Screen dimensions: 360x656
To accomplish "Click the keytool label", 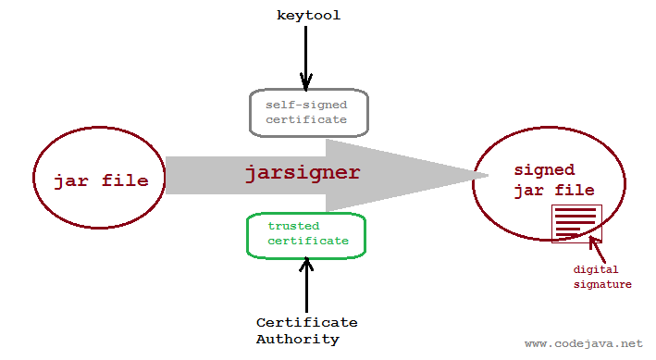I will pyautogui.click(x=309, y=15).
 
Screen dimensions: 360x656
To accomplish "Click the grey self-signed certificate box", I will pyautogui.click(x=309, y=112).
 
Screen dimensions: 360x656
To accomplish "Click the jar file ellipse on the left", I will pyautogui.click(x=100, y=180).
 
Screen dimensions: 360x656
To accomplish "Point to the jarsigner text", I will pyautogui.click(x=302, y=173).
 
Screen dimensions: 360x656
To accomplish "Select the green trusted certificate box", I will pyautogui.click(x=306, y=234).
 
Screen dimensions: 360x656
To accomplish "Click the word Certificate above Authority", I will pyautogui.click(x=306, y=322).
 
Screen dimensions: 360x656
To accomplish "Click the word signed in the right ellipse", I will pyautogui.click(x=544, y=170).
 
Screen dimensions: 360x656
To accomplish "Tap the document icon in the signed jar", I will pyautogui.click(x=576, y=223).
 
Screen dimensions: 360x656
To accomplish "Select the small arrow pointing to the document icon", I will pyautogui.click(x=598, y=247).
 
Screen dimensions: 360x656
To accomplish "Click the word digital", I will pyautogui.click(x=595, y=269).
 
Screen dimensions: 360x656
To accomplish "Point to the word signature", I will pyautogui.click(x=601, y=283).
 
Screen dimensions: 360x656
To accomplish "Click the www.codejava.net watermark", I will pyautogui.click(x=583, y=343).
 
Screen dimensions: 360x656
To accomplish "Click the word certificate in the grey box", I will pyautogui.click(x=306, y=119).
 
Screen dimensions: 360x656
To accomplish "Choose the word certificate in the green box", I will pyautogui.click(x=308, y=241).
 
